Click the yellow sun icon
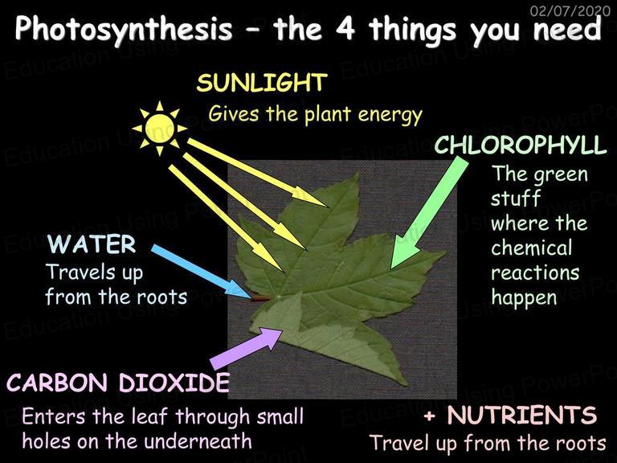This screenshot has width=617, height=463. coord(159,129)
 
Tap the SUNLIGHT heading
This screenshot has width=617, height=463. coord(262,83)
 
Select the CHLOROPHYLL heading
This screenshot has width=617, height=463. coord(521,145)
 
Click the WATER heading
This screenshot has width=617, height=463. coord(92,244)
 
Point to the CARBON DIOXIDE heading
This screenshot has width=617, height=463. coord(118,383)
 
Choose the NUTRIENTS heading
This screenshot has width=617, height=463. coord(522,415)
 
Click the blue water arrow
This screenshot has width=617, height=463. coord(202,271)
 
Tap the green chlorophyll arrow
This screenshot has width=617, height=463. coord(430,212)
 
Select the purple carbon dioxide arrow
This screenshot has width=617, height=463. coord(246,349)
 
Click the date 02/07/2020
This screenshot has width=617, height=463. coord(570,10)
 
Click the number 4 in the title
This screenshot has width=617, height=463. coord(345,29)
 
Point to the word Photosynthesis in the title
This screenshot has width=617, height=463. coord(124,30)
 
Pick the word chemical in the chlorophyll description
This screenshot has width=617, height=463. coord(531,248)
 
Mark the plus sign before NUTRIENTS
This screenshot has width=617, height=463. coord(431,416)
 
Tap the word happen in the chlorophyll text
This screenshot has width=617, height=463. coord(524,298)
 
